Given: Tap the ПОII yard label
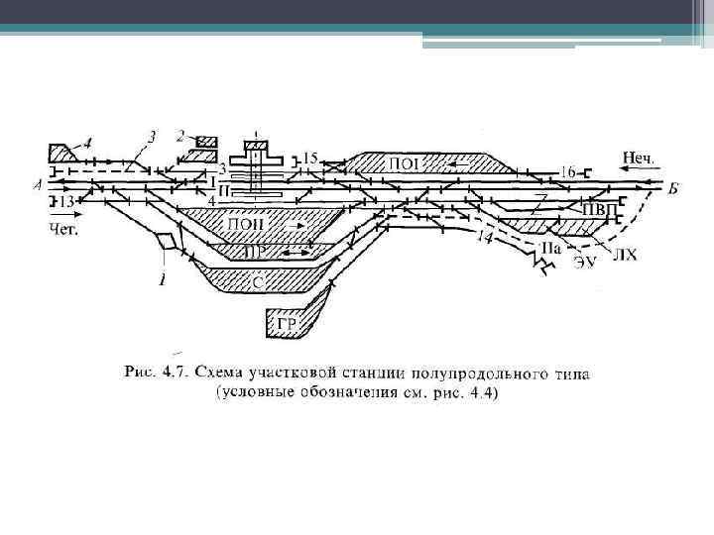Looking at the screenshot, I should [x=246, y=224].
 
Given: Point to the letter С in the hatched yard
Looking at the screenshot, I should [x=257, y=281].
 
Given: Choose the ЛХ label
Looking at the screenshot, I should [x=625, y=256].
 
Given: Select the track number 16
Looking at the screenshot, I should [x=566, y=172].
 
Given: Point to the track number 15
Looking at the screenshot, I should [x=310, y=158].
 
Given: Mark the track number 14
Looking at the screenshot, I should [x=484, y=238].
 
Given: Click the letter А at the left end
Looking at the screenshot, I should [x=38, y=184].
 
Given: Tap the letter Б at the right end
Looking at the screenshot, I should [x=672, y=188].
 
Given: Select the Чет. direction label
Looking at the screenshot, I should [x=62, y=227].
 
